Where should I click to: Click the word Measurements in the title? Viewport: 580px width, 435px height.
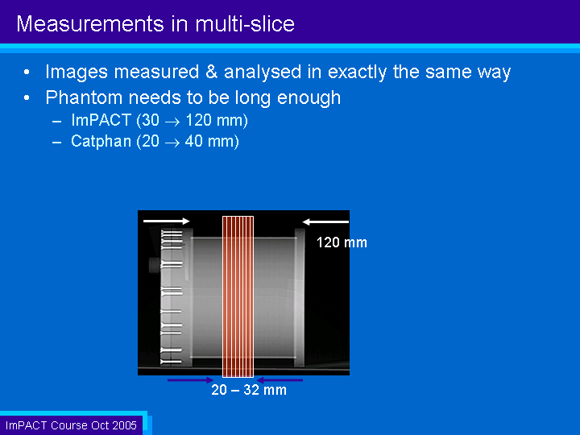[90, 24]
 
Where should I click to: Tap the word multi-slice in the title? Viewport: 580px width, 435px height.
[245, 24]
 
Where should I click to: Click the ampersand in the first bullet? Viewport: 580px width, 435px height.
[211, 72]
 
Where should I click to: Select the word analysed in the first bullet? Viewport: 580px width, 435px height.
[263, 72]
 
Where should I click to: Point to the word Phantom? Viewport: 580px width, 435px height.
[84, 97]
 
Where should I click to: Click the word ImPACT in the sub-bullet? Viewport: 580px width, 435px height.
[101, 120]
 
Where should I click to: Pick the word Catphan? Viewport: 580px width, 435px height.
[101, 141]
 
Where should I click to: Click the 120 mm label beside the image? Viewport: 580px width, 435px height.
[342, 242]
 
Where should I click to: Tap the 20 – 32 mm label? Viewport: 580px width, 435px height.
[249, 390]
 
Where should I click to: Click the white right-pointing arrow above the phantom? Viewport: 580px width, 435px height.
[167, 222]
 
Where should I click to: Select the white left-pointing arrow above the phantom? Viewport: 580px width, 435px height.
[325, 222]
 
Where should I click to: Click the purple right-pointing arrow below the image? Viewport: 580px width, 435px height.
[190, 380]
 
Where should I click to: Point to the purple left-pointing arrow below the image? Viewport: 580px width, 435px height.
[280, 380]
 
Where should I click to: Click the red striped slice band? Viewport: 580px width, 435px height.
[238, 296]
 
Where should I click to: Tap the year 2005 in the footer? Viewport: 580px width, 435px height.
[125, 425]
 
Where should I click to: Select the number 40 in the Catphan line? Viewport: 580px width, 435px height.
[193, 141]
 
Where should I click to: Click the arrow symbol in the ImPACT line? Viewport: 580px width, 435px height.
[172, 122]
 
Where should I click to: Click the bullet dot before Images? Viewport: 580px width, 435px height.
[27, 72]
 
